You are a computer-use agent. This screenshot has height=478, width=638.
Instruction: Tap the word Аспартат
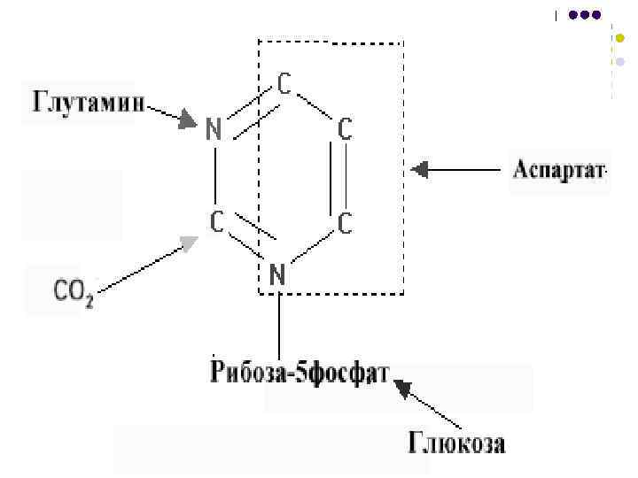pos(558,169)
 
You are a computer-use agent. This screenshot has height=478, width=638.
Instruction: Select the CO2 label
pos(73,290)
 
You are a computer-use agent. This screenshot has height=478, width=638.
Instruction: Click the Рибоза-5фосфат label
pos(300,373)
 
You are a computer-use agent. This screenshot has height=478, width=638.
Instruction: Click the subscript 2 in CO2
pos(89,297)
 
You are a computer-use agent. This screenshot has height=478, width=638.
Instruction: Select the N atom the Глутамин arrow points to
pos(213,130)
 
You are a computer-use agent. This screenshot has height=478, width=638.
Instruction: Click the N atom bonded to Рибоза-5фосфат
pos(277,274)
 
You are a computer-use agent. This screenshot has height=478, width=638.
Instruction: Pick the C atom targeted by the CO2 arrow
pos(215,221)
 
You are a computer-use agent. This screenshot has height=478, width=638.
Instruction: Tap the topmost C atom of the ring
pos(284,84)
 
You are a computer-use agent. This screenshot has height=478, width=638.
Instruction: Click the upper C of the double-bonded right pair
pos(346,130)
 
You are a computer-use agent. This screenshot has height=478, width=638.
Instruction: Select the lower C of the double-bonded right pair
pos(346,223)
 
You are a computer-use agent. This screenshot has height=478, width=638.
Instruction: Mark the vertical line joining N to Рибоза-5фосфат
pos(280,323)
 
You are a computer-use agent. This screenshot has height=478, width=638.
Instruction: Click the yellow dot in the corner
pos(619,38)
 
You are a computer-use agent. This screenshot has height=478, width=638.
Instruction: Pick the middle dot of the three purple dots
pos(585,15)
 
